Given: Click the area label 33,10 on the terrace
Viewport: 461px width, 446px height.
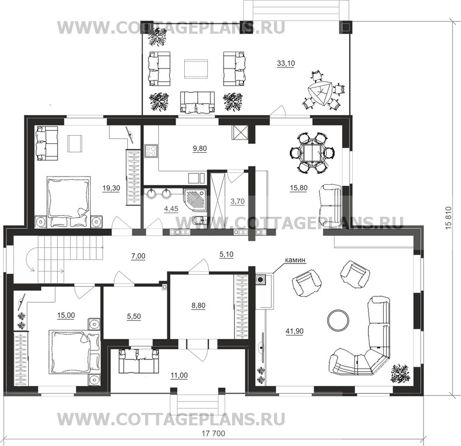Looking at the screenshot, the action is [x=286, y=63].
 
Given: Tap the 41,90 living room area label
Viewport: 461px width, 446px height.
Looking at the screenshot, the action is [x=294, y=331].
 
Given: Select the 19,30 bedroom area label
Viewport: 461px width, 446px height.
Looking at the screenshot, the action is [x=111, y=188].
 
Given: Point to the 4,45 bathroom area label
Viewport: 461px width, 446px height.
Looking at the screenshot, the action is [x=171, y=209].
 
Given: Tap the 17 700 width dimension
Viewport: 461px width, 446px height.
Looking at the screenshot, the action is [x=214, y=434].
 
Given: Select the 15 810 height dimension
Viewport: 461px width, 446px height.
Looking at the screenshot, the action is [x=448, y=218].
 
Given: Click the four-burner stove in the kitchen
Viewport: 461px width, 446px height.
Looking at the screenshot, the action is [x=151, y=150].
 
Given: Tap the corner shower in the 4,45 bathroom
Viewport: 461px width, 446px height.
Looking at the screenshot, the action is [x=195, y=200].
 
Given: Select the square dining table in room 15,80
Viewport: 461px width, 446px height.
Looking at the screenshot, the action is [x=312, y=153].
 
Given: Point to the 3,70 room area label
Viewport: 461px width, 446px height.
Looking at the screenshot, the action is [x=238, y=202].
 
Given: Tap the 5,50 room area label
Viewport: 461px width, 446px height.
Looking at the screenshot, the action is [x=134, y=316].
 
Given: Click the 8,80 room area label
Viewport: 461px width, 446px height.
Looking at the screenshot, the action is [x=198, y=305].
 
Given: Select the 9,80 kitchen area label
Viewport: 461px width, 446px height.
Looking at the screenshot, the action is [x=200, y=149].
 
